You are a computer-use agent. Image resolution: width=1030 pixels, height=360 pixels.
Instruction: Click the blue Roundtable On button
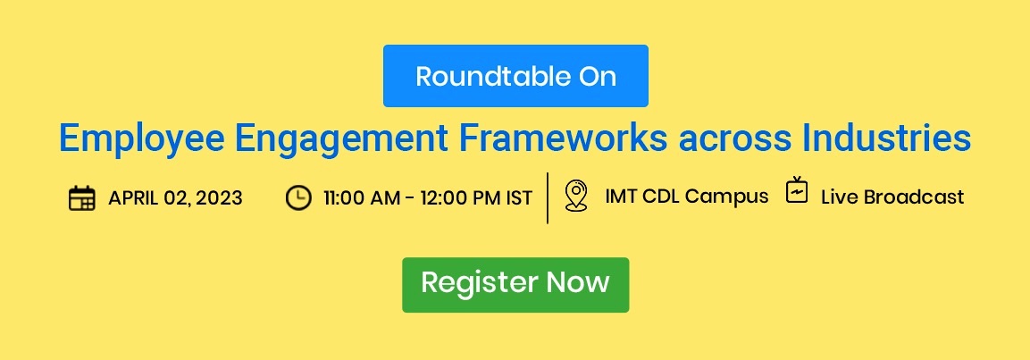pos(515,76)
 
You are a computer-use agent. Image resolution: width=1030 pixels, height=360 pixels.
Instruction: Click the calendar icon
pos(81,197)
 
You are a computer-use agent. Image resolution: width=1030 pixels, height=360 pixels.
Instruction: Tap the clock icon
pos(298,197)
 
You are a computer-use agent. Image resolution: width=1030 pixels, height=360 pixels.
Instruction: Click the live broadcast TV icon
pos(797,190)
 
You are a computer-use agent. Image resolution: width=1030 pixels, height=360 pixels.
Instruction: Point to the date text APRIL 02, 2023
pos(175,197)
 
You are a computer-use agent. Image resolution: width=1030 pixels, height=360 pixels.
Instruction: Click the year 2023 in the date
pos(220,197)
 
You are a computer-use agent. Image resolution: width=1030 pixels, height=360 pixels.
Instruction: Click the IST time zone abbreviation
pos(519,197)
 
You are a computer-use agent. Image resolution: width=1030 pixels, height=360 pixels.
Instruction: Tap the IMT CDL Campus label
pos(686,197)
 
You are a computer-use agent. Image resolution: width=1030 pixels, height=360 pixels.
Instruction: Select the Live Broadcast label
pos(892,197)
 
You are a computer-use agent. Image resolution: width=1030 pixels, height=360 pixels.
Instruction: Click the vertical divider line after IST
pos(548,197)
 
